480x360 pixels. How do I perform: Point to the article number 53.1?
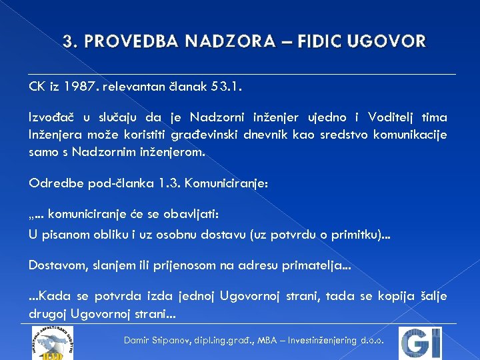(x=227, y=86)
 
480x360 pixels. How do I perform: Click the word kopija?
(x=393, y=297)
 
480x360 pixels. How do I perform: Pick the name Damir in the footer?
(x=138, y=340)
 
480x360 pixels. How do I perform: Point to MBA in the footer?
(x=267, y=340)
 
